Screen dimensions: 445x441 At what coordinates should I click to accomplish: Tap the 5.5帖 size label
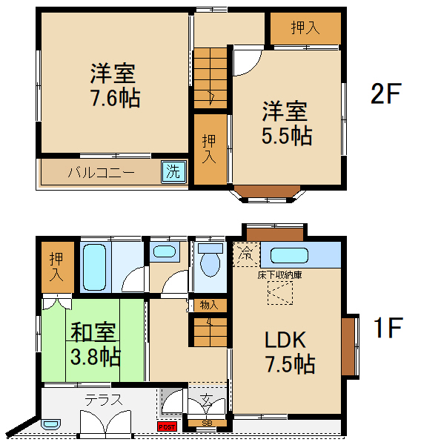285,136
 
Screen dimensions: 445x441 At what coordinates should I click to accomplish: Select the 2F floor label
385,95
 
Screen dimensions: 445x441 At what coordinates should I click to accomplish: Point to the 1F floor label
385,328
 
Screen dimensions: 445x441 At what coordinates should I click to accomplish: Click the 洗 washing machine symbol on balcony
172,172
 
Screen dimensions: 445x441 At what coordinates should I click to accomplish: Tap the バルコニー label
101,173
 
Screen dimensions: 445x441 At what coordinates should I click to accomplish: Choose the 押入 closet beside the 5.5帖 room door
210,148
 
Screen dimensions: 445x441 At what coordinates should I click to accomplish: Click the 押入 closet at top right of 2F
305,28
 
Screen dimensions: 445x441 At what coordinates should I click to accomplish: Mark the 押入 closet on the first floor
57,268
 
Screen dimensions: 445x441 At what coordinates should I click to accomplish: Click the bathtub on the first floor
96,267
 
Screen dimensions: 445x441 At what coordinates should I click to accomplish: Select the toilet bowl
211,261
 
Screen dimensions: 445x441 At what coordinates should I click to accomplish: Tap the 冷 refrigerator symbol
245,254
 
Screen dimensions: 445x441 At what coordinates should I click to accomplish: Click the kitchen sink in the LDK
290,257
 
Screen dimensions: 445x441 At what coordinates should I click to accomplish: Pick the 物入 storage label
208,304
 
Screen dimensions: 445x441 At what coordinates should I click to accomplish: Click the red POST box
168,426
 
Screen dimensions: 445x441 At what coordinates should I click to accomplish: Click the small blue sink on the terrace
50,425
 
